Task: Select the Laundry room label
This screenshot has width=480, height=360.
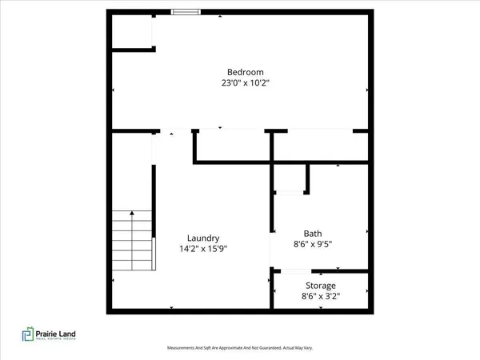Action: [203, 238]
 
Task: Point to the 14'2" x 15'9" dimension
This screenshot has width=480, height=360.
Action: [203, 248]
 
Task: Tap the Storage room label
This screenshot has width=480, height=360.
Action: [321, 286]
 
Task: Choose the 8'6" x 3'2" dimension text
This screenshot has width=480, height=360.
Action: [321, 296]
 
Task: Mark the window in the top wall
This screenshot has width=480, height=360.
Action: [186, 11]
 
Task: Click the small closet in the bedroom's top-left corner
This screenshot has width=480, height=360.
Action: [132, 30]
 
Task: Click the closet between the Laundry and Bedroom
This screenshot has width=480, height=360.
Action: [231, 145]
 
